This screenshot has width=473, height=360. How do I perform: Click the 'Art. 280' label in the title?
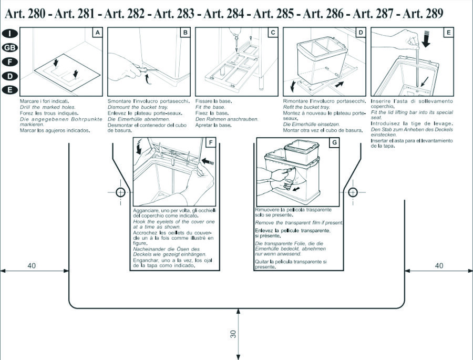[25, 13]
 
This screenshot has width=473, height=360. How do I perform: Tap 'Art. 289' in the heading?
[423, 13]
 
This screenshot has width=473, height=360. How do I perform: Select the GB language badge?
[10, 48]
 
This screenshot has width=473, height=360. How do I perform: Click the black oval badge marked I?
[10, 33]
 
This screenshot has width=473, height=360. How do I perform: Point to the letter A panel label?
[97, 33]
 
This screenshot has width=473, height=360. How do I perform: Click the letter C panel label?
[273, 33]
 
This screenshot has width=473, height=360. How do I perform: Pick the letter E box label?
[449, 33]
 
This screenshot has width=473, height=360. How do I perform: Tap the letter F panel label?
[211, 142]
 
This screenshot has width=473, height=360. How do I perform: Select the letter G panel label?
[334, 142]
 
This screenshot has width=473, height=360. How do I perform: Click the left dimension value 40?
[32, 265]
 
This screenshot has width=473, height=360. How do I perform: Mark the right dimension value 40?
[439, 265]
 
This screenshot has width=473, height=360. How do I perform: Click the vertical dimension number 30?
[233, 334]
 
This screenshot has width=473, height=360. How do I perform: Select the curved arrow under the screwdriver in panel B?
[147, 79]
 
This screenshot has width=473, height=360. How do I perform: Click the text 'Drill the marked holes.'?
[48, 107]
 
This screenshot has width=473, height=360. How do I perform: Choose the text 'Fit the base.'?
[210, 107]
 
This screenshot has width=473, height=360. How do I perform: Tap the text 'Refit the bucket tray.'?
[306, 107]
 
